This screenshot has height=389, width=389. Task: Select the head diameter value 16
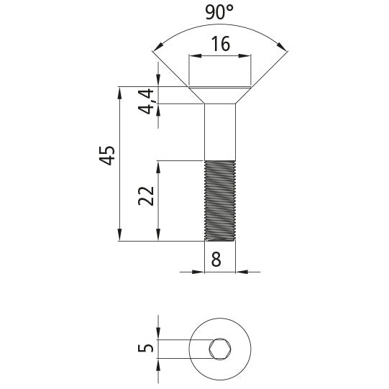tap(220, 45)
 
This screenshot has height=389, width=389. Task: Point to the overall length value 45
tap(107, 155)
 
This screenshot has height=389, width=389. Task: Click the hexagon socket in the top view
tap(219, 350)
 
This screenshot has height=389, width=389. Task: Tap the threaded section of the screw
tap(220, 200)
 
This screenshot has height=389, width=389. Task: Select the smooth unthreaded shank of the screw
tap(220, 133)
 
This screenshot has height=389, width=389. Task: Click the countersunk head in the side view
tap(220, 95)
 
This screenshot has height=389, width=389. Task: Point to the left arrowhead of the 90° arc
tap(155, 50)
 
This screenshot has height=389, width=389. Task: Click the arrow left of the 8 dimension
tap(199, 272)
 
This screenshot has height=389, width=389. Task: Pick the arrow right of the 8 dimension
tap(242, 272)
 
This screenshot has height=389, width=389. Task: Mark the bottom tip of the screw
tap(220, 239)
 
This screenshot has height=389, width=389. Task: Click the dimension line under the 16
tap(220, 57)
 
